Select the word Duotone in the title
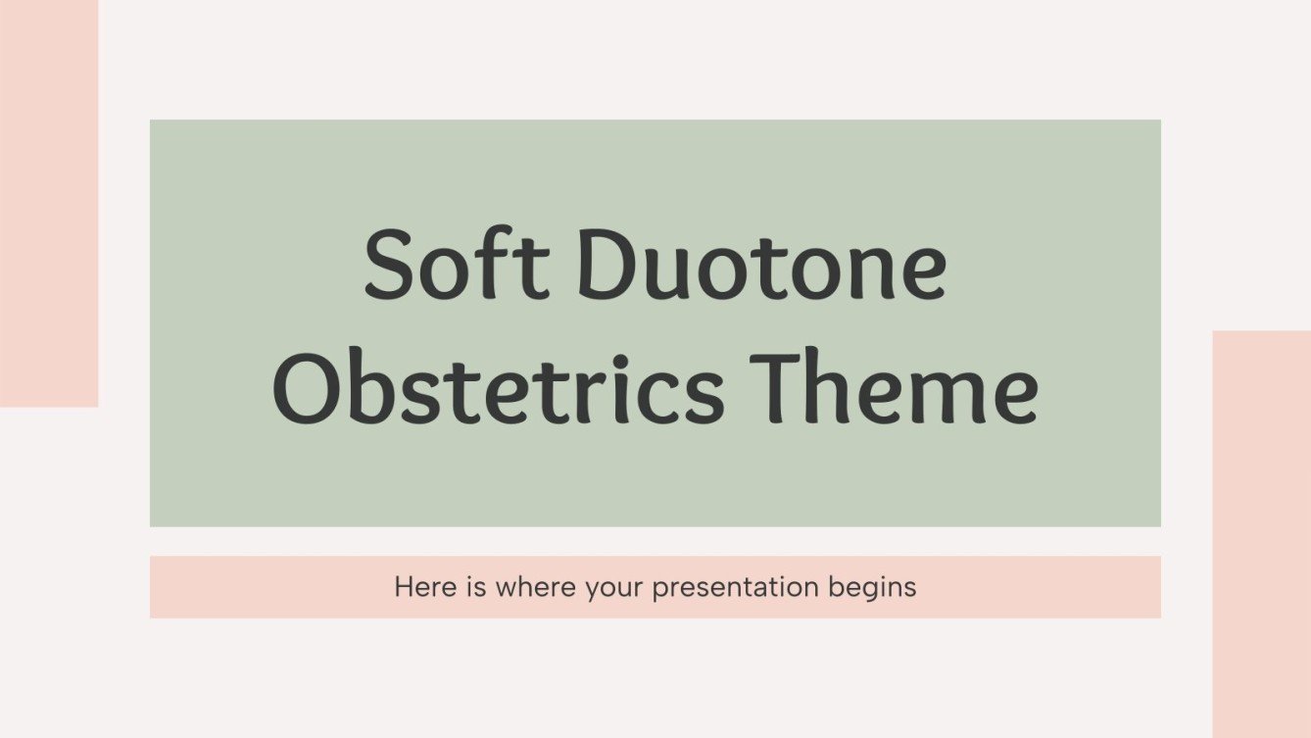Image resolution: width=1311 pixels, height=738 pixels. [760, 266]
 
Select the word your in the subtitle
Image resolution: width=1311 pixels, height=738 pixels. [617, 589]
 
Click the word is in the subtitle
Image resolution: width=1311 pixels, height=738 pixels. [472, 587]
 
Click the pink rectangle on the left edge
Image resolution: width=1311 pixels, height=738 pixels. [48, 202]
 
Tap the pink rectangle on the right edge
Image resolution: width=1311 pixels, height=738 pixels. [1261, 533]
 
